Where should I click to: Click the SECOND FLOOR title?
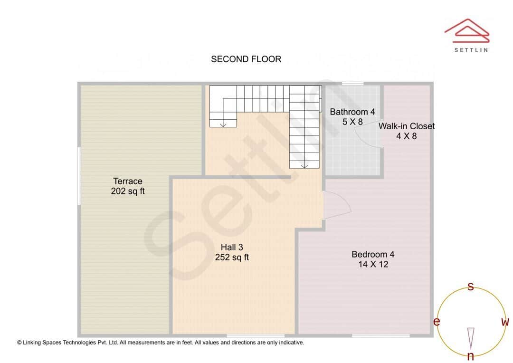246,59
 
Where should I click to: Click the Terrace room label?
128,181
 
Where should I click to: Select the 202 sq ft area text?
128,191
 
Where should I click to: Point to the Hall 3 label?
232,247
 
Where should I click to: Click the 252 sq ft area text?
232,258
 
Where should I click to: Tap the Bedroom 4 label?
373,254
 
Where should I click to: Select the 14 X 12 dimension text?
373,264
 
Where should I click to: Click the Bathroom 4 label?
352,112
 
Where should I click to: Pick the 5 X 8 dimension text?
352,122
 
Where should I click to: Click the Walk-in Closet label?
406,126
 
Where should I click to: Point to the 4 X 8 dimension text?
406,136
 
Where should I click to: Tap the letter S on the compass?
471,287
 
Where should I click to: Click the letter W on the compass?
505,322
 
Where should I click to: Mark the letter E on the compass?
437,322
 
